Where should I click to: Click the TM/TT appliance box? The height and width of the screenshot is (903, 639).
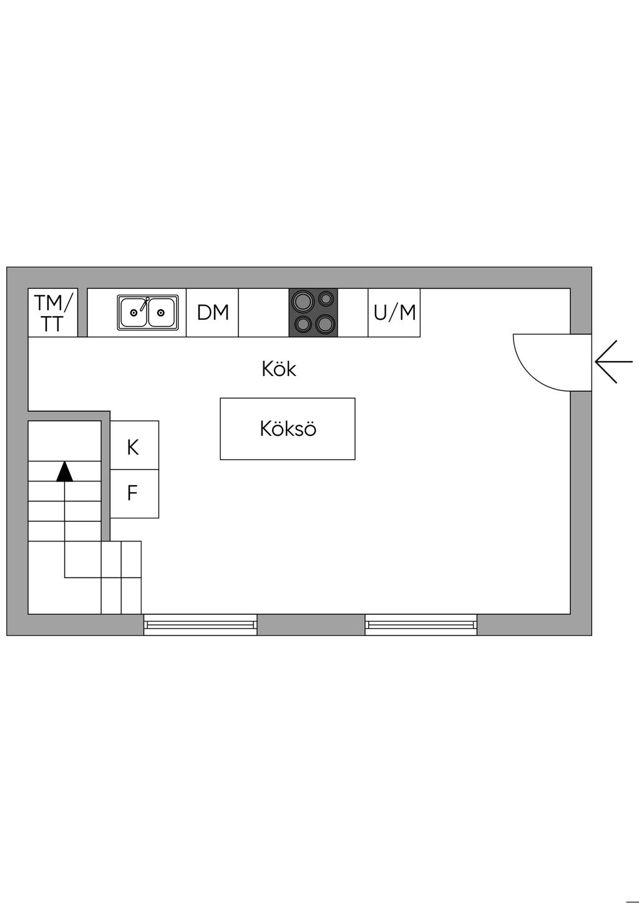click(52, 312)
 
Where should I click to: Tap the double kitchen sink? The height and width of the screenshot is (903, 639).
click(148, 312)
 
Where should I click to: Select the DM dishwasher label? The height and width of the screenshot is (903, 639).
click(213, 312)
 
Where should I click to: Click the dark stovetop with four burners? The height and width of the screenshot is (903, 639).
click(313, 312)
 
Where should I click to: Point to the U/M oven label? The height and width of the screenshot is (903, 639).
click(394, 312)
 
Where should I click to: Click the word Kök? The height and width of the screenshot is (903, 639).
click(279, 369)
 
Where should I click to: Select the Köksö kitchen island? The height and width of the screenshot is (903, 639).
click(288, 429)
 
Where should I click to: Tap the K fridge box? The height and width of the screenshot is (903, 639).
click(134, 446)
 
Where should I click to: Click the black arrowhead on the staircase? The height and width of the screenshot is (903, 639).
click(64, 471)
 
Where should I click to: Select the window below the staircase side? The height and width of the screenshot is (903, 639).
click(200, 624)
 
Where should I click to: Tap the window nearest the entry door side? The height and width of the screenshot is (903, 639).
click(421, 624)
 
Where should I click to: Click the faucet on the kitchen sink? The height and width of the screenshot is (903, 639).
click(145, 304)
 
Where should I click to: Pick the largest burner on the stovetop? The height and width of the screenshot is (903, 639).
click(303, 301)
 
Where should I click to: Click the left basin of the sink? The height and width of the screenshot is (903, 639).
click(133, 313)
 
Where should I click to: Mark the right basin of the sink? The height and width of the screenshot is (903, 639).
click(162, 313)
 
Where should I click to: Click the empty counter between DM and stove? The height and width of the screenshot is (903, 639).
click(263, 312)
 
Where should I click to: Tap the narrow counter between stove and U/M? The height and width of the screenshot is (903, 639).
click(353, 312)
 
